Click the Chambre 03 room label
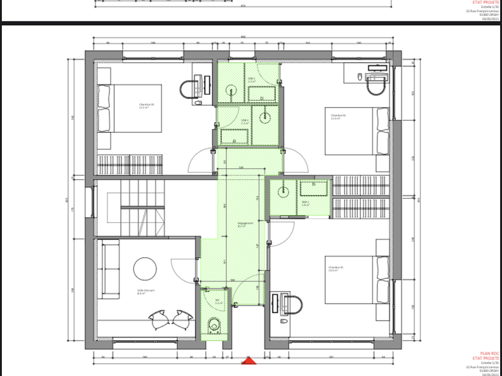click(147, 106)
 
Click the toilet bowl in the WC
click(214, 326)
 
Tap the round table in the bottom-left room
click(145, 268)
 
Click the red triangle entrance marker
click(249, 362)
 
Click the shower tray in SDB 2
click(262, 95)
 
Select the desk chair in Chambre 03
click(188, 90)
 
